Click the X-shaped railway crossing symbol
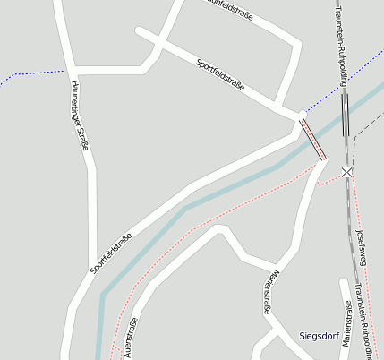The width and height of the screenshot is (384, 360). pyautogui.click(x=347, y=171)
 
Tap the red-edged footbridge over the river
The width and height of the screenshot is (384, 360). pyautogui.click(x=312, y=139)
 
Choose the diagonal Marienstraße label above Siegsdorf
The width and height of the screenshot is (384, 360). pyautogui.click(x=270, y=292)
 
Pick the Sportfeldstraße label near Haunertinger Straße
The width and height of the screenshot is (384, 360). pyautogui.click(x=111, y=253)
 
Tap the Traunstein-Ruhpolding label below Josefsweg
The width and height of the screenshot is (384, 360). pyautogui.click(x=365, y=319)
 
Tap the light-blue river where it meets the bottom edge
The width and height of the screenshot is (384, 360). pyautogui.click(x=101, y=355)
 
